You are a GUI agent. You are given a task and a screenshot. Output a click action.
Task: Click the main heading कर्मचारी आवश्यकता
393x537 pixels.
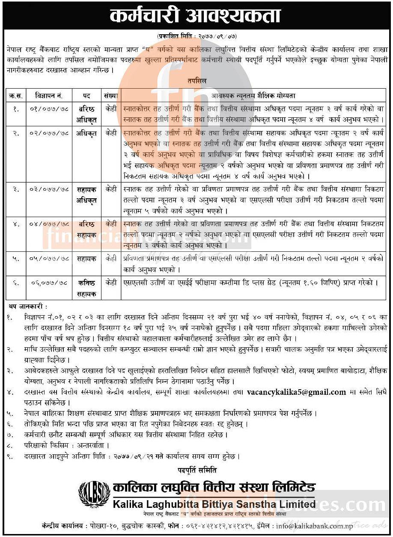[196, 16]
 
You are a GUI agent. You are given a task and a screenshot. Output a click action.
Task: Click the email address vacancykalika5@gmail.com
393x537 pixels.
[296, 392]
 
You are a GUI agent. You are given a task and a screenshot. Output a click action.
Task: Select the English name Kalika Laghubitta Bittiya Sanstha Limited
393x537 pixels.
[214, 504]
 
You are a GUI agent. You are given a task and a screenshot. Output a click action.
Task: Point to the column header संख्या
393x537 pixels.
[110, 95]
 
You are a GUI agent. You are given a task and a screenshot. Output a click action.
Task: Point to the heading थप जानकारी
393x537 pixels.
[28, 307]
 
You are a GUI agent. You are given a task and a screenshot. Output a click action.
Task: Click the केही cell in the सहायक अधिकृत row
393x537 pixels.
[110, 189]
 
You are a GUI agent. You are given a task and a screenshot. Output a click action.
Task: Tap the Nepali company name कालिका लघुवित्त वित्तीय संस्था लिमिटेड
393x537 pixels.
[214, 488]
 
